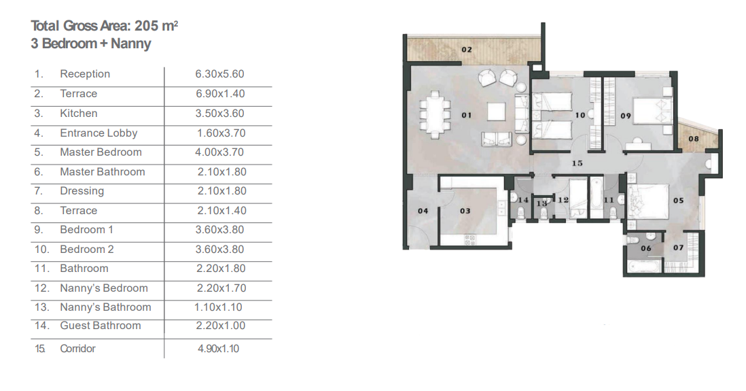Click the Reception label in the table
click(x=85, y=74)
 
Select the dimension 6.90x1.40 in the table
click(x=220, y=93)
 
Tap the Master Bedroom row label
click(x=101, y=152)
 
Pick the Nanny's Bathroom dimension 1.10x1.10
click(x=218, y=307)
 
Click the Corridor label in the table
click(x=77, y=349)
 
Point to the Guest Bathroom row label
click(x=101, y=325)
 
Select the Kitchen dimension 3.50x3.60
click(x=220, y=114)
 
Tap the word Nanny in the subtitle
click(x=131, y=44)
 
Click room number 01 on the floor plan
click(x=467, y=115)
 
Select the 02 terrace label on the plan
click(x=467, y=50)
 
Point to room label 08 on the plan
click(x=694, y=139)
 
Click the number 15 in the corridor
click(x=577, y=163)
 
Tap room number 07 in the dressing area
click(x=679, y=248)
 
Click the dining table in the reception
click(x=435, y=115)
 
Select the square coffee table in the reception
click(x=496, y=112)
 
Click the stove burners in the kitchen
click(x=470, y=240)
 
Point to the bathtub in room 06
click(x=645, y=267)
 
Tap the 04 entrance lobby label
click(x=423, y=211)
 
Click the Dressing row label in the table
click(x=82, y=191)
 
